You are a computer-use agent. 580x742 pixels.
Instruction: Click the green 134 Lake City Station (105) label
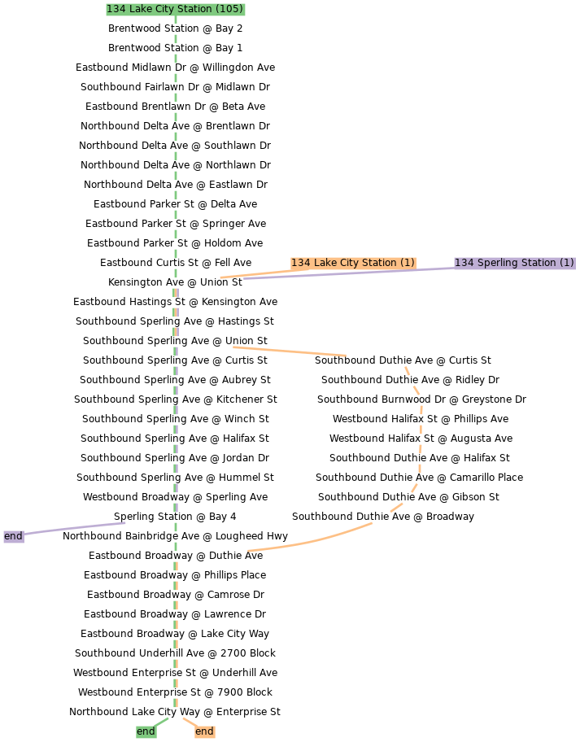(x=175, y=9)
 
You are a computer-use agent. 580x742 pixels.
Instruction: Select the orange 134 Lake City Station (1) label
(x=353, y=263)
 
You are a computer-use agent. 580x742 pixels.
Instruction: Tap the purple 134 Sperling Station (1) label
(x=514, y=263)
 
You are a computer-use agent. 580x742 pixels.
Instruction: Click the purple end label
(x=13, y=536)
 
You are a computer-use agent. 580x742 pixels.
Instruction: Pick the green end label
(x=146, y=731)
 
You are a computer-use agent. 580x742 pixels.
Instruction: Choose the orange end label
(x=204, y=731)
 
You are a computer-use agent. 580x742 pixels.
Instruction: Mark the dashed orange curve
(x=421, y=431)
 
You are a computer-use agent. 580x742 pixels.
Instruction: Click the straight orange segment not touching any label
(x=290, y=351)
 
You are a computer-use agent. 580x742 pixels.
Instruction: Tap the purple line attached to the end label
(x=75, y=528)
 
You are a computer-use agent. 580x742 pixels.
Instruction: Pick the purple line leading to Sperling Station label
(x=350, y=273)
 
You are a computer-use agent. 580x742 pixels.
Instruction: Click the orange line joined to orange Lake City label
(x=255, y=273)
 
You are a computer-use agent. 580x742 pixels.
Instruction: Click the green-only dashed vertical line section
(x=176, y=146)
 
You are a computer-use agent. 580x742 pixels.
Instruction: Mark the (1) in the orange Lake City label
(x=407, y=263)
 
